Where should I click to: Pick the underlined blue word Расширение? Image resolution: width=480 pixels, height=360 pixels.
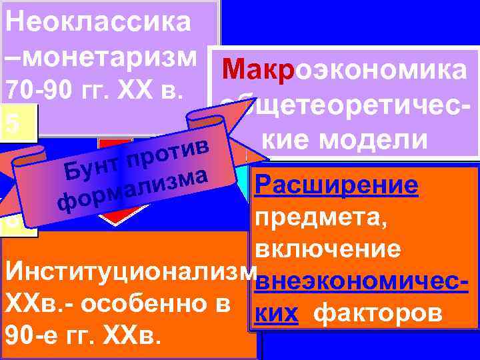coord(337,186)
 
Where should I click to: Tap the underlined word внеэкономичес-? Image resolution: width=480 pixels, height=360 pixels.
coord(360,281)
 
